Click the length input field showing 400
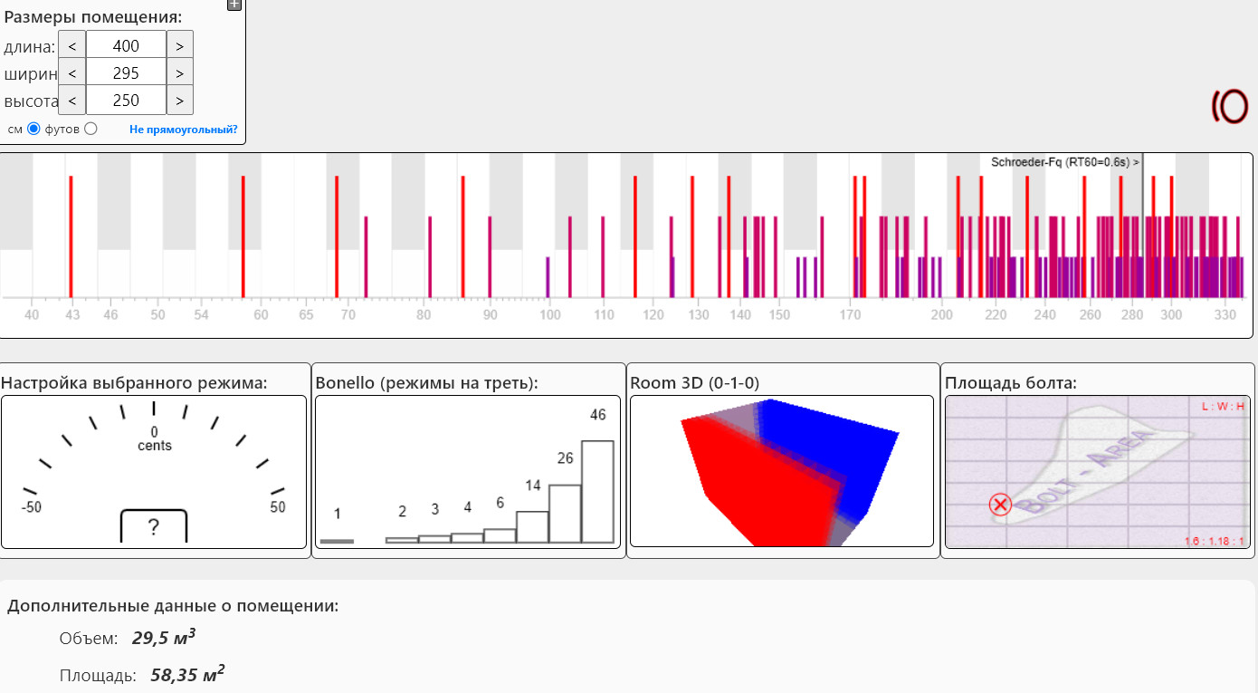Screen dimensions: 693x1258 [x=126, y=45]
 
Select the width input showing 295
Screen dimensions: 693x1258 [x=126, y=73]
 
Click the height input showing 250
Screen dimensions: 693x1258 [x=126, y=101]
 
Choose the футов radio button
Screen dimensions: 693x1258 [x=91, y=129]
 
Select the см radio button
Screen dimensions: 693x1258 [x=34, y=129]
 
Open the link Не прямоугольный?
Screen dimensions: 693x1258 [x=183, y=130]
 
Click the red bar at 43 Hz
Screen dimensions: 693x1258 [x=71, y=236]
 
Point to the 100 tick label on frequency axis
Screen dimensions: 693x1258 [x=549, y=315]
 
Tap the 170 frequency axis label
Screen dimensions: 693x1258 [x=850, y=315]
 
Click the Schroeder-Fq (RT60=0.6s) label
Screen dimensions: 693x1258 [x=1064, y=162]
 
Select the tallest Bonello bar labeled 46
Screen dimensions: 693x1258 [x=597, y=491]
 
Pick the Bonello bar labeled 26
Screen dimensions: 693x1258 [x=565, y=513]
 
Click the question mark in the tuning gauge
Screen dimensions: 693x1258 [x=154, y=526]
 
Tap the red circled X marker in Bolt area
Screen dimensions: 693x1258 [x=1000, y=505]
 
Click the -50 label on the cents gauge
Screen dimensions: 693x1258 [x=32, y=507]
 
